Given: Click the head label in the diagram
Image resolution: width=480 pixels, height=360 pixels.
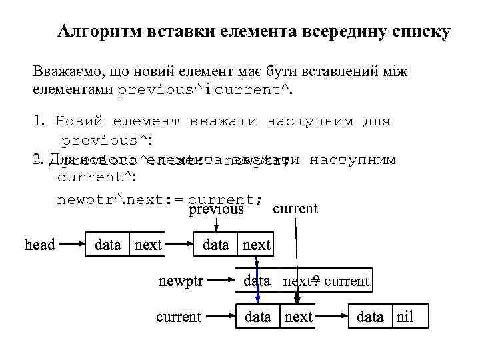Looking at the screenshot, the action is tap(40, 245).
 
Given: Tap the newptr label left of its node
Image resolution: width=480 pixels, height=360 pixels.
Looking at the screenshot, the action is tap(180, 281).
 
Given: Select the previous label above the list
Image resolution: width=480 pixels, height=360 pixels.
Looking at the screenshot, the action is tap(216, 209).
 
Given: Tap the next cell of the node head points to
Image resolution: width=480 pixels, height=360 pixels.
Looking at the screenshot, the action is tap(147, 245).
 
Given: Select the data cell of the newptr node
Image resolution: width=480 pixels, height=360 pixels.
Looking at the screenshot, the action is tap(257, 281).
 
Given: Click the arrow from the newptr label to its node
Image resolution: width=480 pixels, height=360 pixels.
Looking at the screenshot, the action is tap(220, 281).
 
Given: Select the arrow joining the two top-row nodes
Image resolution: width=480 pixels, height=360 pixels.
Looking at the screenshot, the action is tap(179, 245).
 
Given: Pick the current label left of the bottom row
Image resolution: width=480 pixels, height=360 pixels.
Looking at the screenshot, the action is tap(179, 317).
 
